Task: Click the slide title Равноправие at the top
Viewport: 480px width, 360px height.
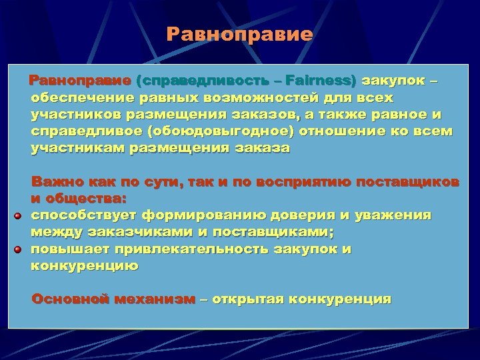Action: point(239,34)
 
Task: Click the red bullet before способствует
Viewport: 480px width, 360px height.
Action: point(19,215)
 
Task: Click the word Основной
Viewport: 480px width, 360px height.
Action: point(70,299)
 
